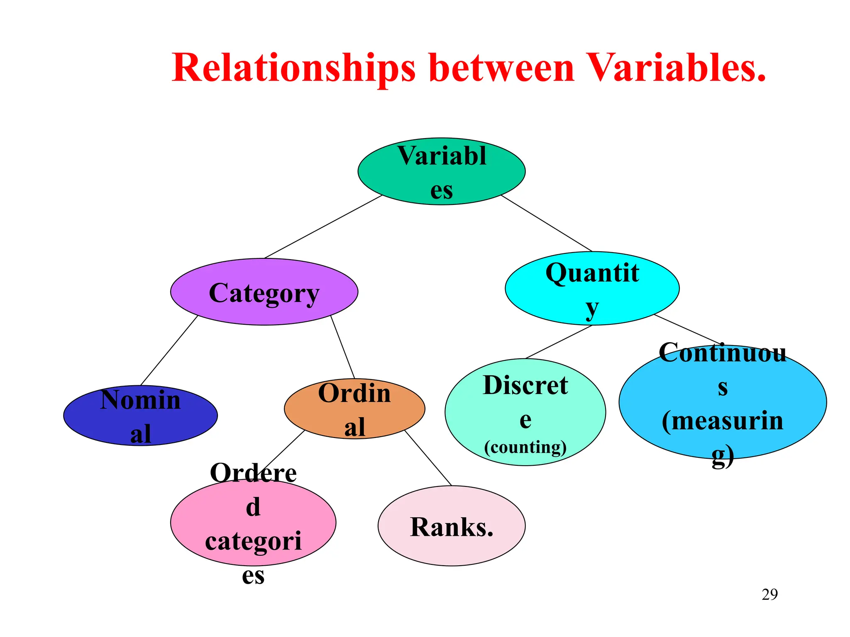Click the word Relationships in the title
293,68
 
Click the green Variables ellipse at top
442,171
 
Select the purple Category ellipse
264,292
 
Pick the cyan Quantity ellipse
592,289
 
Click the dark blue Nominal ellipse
140,416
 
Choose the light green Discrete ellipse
525,412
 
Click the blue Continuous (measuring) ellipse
722,402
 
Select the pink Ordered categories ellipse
253,523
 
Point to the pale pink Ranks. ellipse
452,526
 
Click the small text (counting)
525,447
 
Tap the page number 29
769,595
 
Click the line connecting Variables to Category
323,227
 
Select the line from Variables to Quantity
547,223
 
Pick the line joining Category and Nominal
169,350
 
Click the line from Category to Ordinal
342,347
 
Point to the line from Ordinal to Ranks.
428,458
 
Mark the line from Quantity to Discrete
559,342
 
